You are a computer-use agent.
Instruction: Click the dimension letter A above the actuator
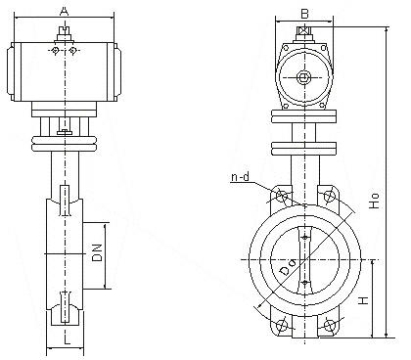(64, 10)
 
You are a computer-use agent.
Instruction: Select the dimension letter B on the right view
(304, 13)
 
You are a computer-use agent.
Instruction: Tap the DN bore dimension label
(97, 255)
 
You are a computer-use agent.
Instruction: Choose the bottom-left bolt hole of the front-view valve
(281, 326)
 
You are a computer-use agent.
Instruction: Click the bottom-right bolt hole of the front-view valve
(331, 326)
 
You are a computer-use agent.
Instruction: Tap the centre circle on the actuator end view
(304, 77)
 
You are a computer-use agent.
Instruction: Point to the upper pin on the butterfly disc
(305, 239)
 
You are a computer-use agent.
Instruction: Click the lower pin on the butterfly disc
(305, 283)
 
